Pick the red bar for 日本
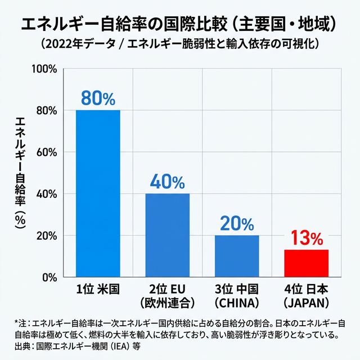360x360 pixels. pyautogui.click(x=306, y=263)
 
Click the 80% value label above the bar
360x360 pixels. pyautogui.click(x=98, y=98)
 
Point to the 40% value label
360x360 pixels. pyautogui.click(x=168, y=182)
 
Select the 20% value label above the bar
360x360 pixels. pyautogui.click(x=237, y=223)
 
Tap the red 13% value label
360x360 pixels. pyautogui.click(x=306, y=238)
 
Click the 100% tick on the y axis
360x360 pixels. pyautogui.click(x=45, y=69)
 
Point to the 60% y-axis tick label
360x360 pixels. pyautogui.click(x=47, y=152)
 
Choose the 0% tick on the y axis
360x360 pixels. pyautogui.click(x=49, y=277)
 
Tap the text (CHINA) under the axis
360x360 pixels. pyautogui.click(x=237, y=303)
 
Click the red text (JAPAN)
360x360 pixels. pyautogui.click(x=306, y=303)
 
